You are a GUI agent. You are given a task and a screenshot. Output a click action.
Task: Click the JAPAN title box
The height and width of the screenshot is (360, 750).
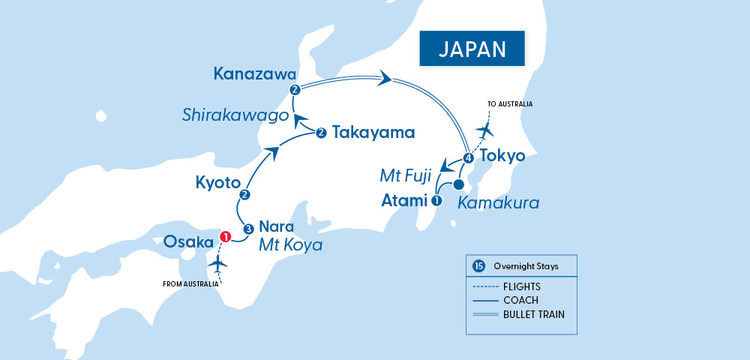(x=472, y=49)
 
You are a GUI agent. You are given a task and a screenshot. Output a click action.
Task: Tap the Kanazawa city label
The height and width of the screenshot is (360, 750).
(x=256, y=74)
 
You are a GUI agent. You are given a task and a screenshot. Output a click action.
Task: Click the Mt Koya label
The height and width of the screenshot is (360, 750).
(x=290, y=244)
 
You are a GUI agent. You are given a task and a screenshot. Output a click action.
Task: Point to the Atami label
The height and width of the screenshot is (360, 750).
(x=401, y=201)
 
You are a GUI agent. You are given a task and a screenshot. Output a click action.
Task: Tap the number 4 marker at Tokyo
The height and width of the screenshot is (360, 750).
(x=468, y=158)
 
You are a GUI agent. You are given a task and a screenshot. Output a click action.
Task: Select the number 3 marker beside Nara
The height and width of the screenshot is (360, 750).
(x=248, y=229)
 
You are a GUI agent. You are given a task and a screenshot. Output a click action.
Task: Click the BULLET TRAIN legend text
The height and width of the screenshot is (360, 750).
(x=535, y=313)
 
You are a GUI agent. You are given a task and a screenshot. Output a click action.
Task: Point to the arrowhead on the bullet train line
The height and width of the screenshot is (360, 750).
(x=386, y=77)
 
